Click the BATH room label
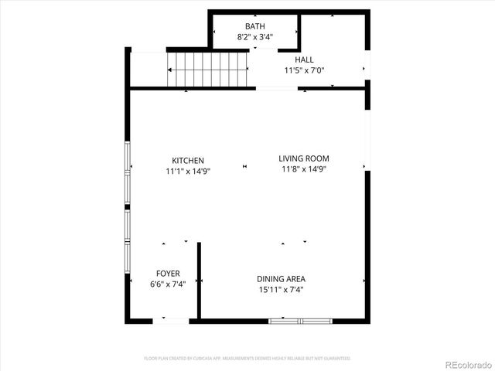(x=254, y=26)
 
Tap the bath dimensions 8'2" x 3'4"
(x=254, y=36)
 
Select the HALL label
(x=304, y=60)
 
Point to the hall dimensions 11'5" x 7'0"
(x=304, y=70)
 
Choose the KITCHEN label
(x=188, y=160)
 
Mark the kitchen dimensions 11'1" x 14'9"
(x=188, y=171)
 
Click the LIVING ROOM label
(x=304, y=158)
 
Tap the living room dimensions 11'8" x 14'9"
(x=304, y=169)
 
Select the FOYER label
(x=168, y=274)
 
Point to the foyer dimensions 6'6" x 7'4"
(x=168, y=284)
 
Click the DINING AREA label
(x=282, y=279)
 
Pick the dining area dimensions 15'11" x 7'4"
(x=282, y=290)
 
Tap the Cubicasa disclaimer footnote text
(x=247, y=359)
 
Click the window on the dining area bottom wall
(x=300, y=320)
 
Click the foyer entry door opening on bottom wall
(x=171, y=320)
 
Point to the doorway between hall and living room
(x=276, y=88)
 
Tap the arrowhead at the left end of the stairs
(x=169, y=69)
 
